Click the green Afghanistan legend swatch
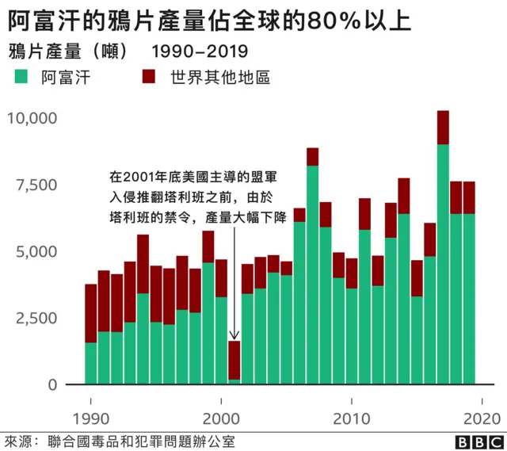tap(22, 78)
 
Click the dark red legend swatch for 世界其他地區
tap(148, 78)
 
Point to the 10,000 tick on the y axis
tap(32, 118)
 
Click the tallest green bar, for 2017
tap(443, 262)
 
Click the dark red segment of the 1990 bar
tap(90, 313)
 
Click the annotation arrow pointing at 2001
tap(234, 317)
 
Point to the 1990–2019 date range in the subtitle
tap(199, 52)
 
